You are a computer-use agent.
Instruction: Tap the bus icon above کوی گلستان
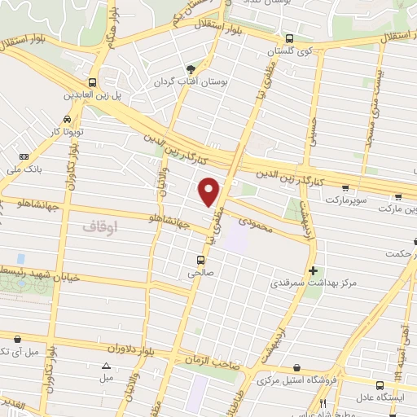point(289,37)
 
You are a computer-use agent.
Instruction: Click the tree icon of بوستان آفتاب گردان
point(191,69)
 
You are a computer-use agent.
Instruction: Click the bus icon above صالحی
point(200,261)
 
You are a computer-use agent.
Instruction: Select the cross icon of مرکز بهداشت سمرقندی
point(313,270)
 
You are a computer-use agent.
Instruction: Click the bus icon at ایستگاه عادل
point(380,385)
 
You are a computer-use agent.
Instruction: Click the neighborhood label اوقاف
point(100,228)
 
